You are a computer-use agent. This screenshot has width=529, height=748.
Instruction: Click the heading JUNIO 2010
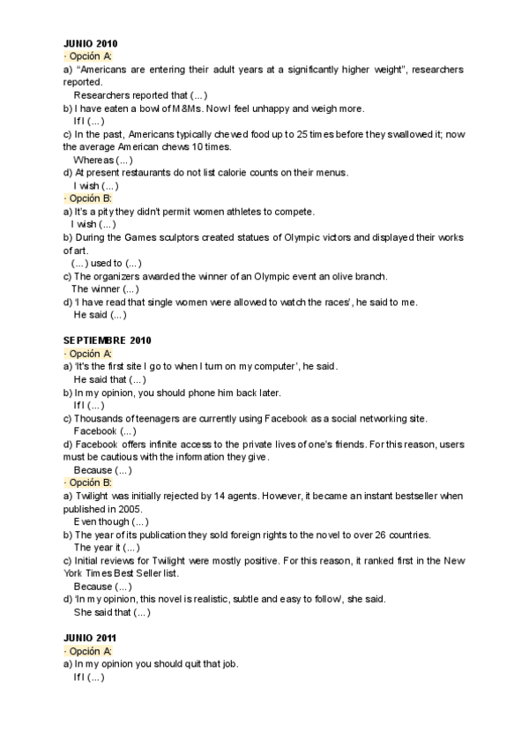pos(91,43)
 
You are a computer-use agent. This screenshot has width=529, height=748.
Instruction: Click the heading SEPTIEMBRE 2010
pos(108,340)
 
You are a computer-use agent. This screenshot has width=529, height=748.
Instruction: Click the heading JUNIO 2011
pos(91,637)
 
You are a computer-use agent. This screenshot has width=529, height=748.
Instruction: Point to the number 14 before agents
pos(226,497)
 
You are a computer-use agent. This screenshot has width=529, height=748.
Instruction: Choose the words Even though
pos(99,522)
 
